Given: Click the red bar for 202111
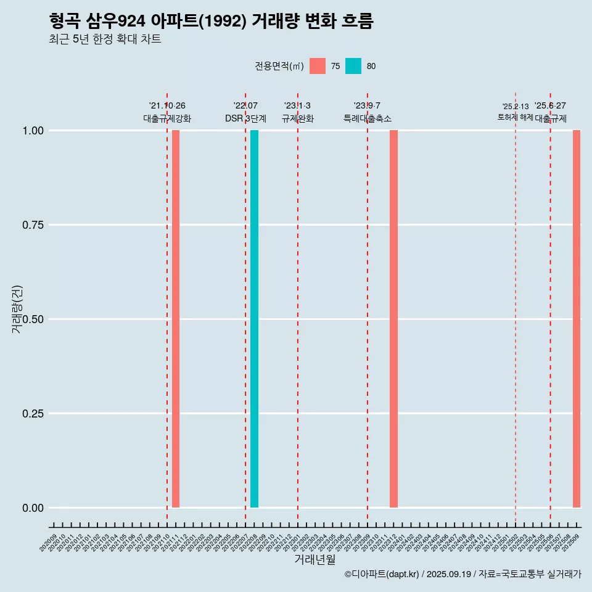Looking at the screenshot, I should click(x=176, y=319).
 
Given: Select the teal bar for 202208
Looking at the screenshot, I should click(x=254, y=319).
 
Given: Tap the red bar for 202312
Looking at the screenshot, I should click(x=393, y=319).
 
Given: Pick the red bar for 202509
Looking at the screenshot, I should click(x=577, y=319).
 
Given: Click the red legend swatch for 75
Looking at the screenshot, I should click(x=318, y=66).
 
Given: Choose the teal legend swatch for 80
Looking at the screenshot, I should click(x=353, y=66).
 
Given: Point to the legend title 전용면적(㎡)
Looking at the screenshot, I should click(x=279, y=66).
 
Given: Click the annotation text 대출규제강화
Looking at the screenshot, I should click(x=167, y=118).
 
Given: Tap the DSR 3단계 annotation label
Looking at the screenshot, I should click(x=245, y=118).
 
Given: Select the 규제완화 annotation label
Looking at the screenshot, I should click(x=298, y=118).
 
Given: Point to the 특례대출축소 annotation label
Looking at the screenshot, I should click(x=368, y=118).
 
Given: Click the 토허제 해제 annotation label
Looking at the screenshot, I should click(x=515, y=117).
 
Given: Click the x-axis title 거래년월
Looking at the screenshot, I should click(x=315, y=559).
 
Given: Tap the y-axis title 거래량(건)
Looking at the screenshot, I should click(x=17, y=309).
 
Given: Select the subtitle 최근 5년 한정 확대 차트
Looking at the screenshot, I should click(x=105, y=39).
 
